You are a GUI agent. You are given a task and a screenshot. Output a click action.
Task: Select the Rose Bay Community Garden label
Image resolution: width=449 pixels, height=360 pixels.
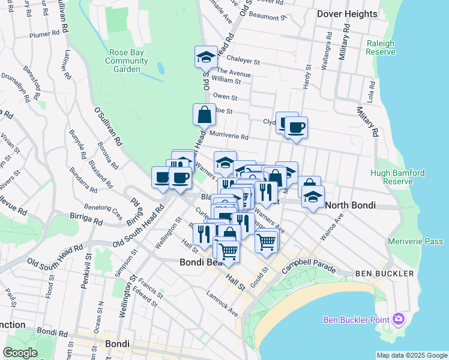(x=126, y=61)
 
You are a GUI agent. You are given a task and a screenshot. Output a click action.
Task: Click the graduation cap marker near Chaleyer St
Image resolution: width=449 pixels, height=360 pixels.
(x=206, y=57)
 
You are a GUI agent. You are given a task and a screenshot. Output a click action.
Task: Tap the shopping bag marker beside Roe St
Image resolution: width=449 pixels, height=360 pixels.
(x=204, y=113)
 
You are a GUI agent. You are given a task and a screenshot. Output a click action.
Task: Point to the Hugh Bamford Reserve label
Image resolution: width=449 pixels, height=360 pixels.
(x=397, y=177)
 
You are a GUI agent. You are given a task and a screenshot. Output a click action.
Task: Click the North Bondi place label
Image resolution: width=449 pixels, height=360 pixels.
(x=350, y=205)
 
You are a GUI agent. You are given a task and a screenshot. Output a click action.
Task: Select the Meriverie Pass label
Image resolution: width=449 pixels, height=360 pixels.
(x=415, y=241)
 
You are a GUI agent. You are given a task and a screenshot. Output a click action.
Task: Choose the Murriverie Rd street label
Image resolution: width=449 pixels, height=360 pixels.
(x=229, y=136)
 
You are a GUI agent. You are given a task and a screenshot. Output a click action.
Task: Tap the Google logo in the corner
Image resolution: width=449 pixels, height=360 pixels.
(x=20, y=353)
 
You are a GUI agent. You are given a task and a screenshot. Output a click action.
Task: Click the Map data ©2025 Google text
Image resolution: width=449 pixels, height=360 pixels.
(x=412, y=355)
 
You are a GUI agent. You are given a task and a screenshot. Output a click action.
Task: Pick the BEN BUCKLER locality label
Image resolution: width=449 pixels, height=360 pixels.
(x=384, y=274)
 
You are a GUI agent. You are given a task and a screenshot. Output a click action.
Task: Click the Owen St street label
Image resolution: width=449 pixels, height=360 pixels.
(x=225, y=97)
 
